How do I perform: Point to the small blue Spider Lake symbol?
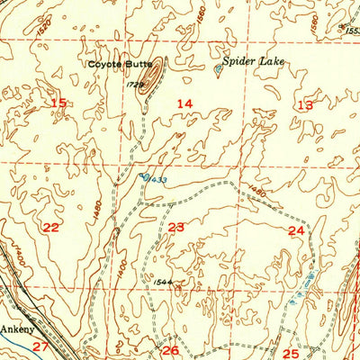click(219, 67)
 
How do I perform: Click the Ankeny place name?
click(15, 328)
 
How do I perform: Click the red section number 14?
click(184, 104)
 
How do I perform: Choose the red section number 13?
click(305, 105)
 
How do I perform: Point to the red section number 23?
click(176, 228)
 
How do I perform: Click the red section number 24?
click(296, 231)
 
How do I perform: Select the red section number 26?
click(170, 350)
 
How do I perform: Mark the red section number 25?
click(290, 354)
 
